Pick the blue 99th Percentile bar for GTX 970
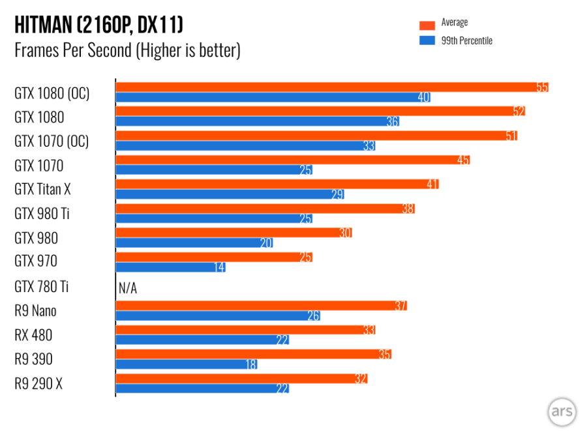(170, 267)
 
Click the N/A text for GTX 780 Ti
(128, 288)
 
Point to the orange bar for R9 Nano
(261, 306)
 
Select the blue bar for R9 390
(186, 364)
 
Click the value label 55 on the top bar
(542, 87)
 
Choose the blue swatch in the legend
(427, 40)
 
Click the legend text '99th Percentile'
(466, 40)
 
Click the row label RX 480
(33, 335)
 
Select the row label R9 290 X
(38, 384)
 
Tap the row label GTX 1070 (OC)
(52, 141)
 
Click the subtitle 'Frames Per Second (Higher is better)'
(127, 50)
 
